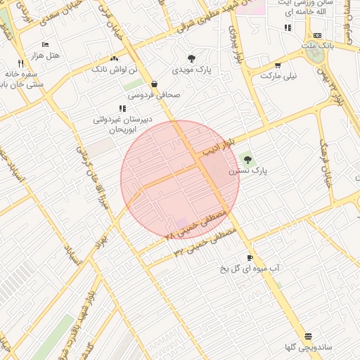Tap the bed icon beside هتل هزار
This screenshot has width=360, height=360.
[45, 44]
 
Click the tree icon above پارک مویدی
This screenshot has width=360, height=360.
[191, 58]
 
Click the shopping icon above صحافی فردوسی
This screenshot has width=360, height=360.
[154, 84]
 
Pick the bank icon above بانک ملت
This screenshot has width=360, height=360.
[317, 35]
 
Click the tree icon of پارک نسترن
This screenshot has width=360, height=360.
[247, 159]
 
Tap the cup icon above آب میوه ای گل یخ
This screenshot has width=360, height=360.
[250, 257]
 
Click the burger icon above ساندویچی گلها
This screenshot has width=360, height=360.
[307, 336]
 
